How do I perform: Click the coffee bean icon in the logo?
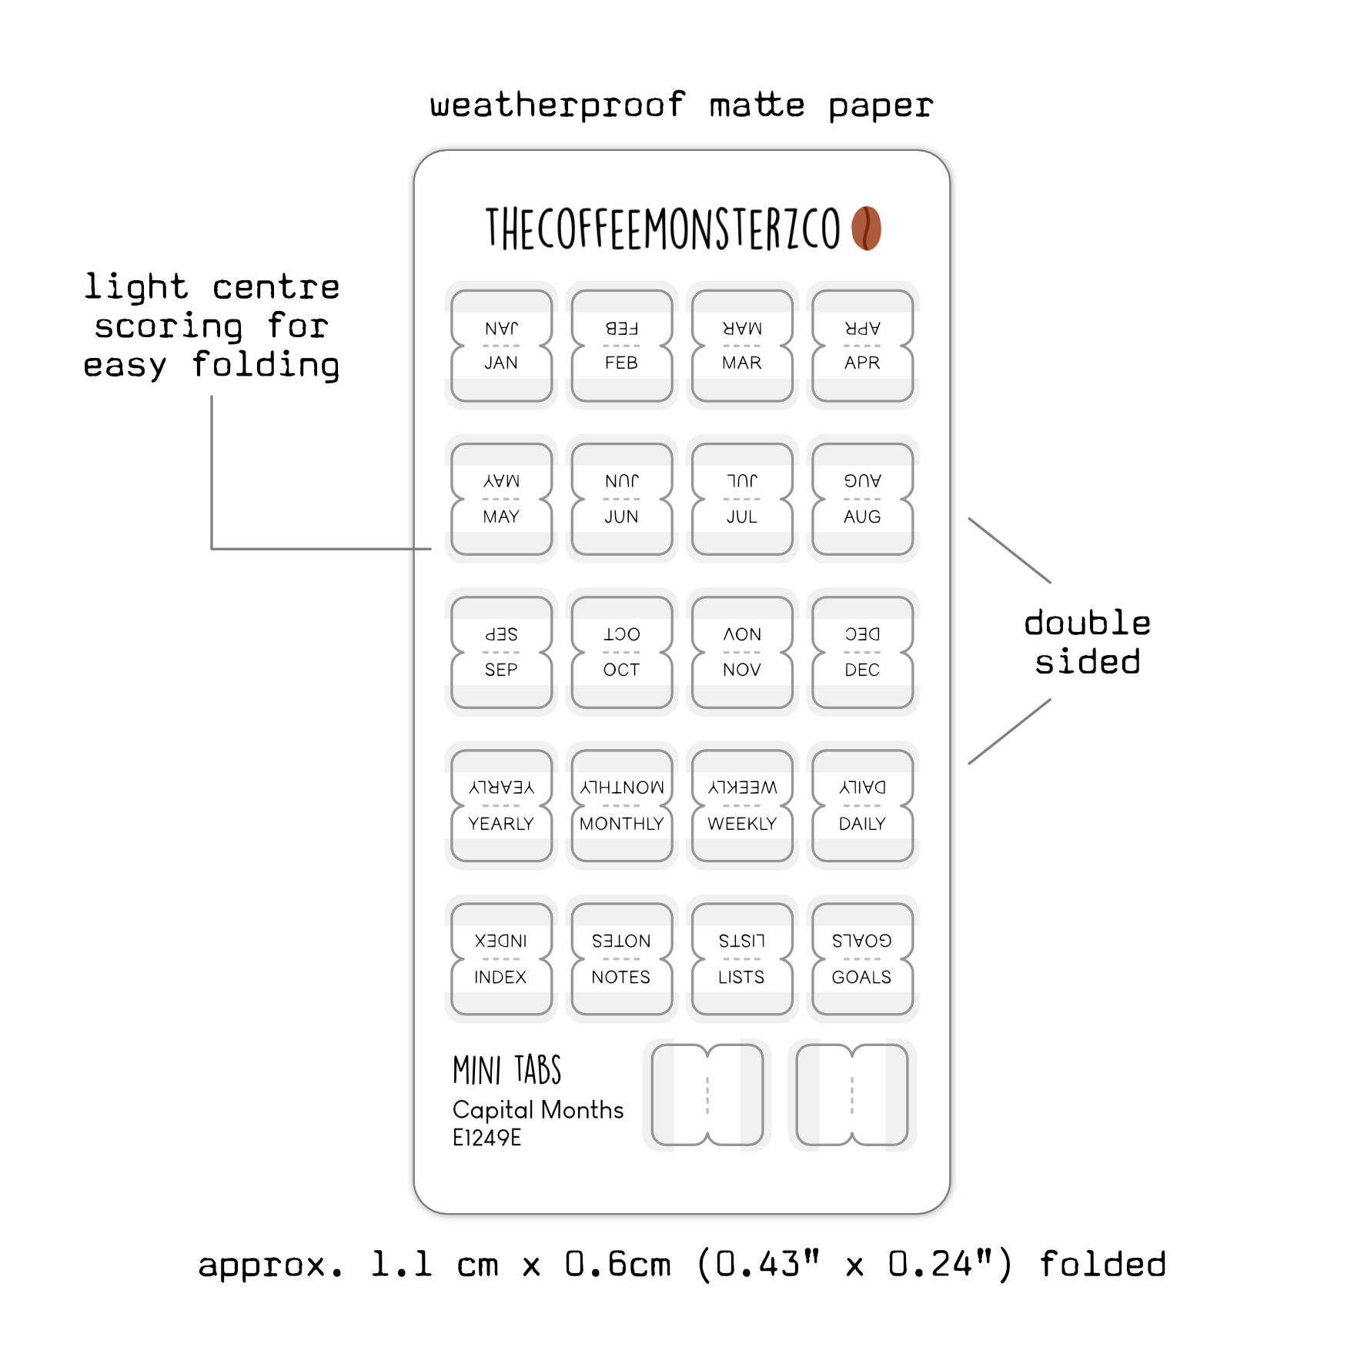coord(866,229)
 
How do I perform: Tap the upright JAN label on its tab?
coord(501,363)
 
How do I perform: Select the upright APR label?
coord(862,363)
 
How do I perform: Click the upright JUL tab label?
coord(742,517)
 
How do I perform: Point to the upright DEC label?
coord(862,670)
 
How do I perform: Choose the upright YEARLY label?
coord(501,824)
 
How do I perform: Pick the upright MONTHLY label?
coord(621,824)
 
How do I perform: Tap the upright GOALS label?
coord(861,977)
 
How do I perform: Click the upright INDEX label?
coord(500,977)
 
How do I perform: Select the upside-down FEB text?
coord(621,329)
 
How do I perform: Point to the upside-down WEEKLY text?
coord(742,787)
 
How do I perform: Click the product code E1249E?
coord(486,1138)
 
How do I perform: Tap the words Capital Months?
coord(538,1109)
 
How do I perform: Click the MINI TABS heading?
coord(507,1070)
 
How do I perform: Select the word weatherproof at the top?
coord(557,105)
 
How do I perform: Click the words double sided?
coord(1087,642)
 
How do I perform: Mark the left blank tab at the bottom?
coord(707,1095)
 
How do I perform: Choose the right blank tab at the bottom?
coord(852,1095)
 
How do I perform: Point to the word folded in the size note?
coord(1102,1265)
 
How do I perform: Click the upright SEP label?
coord(501,670)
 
